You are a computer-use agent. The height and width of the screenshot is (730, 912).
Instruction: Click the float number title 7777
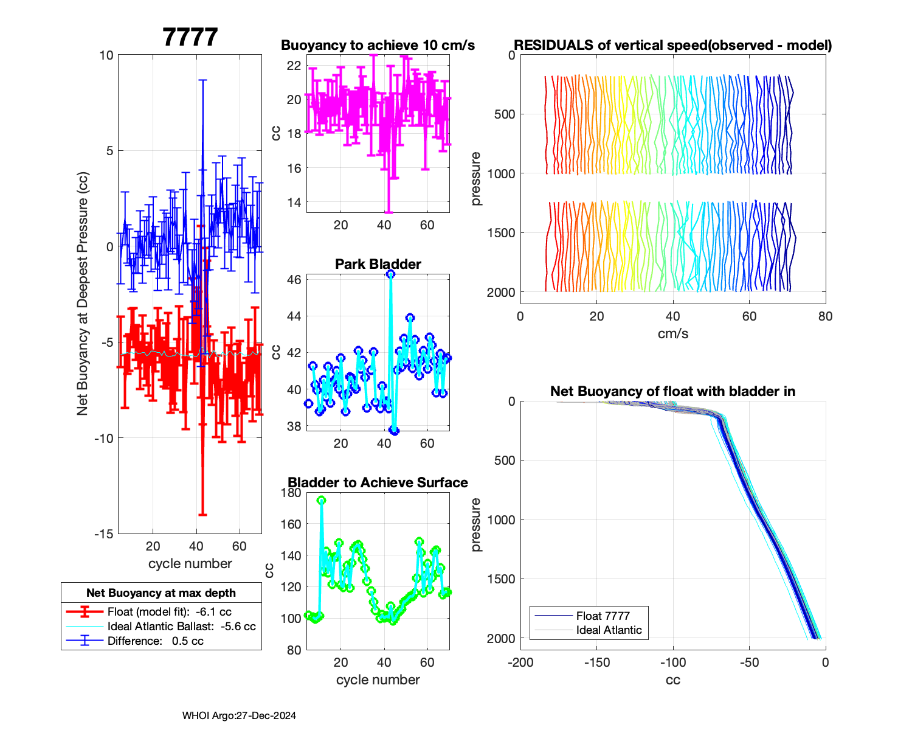click(x=190, y=38)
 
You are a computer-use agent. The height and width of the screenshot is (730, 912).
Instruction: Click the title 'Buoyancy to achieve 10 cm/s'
click(x=378, y=46)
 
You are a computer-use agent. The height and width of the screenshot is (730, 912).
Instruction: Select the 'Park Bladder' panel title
click(x=378, y=264)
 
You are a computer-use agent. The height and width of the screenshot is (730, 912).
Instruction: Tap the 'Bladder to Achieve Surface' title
click(x=378, y=482)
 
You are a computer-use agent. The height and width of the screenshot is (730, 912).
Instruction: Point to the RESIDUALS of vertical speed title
click(x=672, y=46)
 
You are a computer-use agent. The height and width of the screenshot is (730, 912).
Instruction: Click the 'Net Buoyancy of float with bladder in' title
click(x=672, y=392)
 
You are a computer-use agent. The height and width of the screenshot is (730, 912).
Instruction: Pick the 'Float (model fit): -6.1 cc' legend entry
click(x=169, y=612)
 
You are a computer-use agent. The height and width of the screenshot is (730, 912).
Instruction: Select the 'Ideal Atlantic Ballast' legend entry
click(x=181, y=627)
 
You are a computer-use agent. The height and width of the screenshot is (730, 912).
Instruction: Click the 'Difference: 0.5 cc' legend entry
click(x=155, y=641)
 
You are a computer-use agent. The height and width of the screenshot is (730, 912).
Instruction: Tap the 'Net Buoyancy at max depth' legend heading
click(x=161, y=593)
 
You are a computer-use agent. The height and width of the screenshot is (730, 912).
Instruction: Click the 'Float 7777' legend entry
click(x=603, y=616)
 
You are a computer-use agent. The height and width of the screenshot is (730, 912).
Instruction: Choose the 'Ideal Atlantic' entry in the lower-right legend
click(x=609, y=630)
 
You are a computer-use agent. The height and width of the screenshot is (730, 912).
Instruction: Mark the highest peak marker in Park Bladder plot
click(x=390, y=274)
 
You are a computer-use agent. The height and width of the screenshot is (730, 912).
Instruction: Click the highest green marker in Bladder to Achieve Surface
click(x=321, y=500)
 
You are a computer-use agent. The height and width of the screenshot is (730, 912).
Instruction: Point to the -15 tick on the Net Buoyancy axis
click(x=104, y=534)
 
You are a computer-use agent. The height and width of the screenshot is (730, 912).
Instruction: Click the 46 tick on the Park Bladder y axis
click(x=294, y=280)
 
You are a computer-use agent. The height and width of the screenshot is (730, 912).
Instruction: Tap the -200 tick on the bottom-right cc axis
click(x=520, y=662)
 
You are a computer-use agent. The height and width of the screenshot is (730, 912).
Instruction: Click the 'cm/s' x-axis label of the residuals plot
click(x=672, y=334)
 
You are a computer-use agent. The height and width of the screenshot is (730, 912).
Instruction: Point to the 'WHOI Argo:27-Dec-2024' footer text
click(x=239, y=716)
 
